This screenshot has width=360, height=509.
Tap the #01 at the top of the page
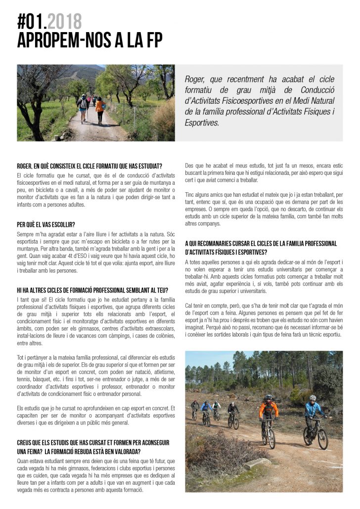click(32, 21)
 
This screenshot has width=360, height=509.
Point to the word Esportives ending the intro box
click(201, 123)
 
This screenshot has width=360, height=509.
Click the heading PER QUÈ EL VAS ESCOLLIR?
click(46, 224)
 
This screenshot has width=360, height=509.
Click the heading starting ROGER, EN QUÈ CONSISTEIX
click(90, 166)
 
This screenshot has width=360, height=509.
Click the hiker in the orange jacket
click(100, 109)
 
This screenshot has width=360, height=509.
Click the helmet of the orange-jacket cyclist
click(268, 397)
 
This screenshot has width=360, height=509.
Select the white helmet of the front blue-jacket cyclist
click(312, 397)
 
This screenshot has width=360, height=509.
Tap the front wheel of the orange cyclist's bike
click(271, 438)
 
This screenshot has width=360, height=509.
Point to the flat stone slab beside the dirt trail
click(258, 464)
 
